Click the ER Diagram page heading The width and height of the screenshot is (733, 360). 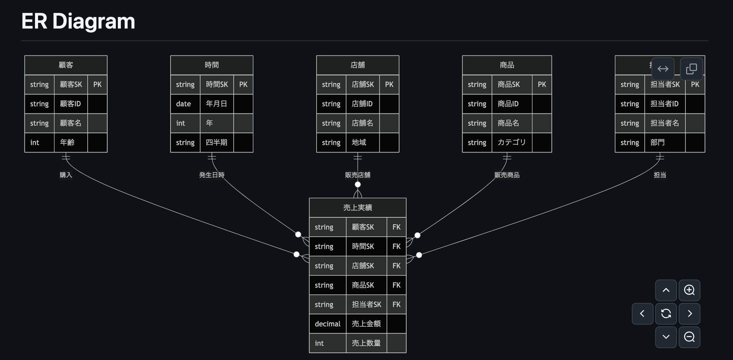(x=78, y=21)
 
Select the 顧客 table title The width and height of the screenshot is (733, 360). (x=66, y=65)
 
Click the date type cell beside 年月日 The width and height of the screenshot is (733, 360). (x=183, y=104)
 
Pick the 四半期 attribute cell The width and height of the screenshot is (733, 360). (x=216, y=142)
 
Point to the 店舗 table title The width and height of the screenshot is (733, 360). (x=358, y=65)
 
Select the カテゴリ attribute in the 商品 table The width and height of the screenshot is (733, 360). (x=512, y=142)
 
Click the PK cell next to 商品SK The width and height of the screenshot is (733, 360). (x=542, y=85)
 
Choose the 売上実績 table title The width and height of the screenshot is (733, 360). (x=358, y=208)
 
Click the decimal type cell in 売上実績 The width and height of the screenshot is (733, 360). (x=327, y=324)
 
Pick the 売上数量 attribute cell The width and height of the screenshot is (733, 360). (x=366, y=343)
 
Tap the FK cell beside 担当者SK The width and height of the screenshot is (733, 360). (x=396, y=305)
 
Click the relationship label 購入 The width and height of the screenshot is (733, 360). (x=66, y=175)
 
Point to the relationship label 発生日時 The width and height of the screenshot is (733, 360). (x=212, y=175)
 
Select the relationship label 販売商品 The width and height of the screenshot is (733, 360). (x=507, y=175)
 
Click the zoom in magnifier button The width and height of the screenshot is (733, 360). (x=689, y=290)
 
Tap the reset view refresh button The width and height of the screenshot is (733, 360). (x=666, y=313)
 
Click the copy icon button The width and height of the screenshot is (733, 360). (x=691, y=69)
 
